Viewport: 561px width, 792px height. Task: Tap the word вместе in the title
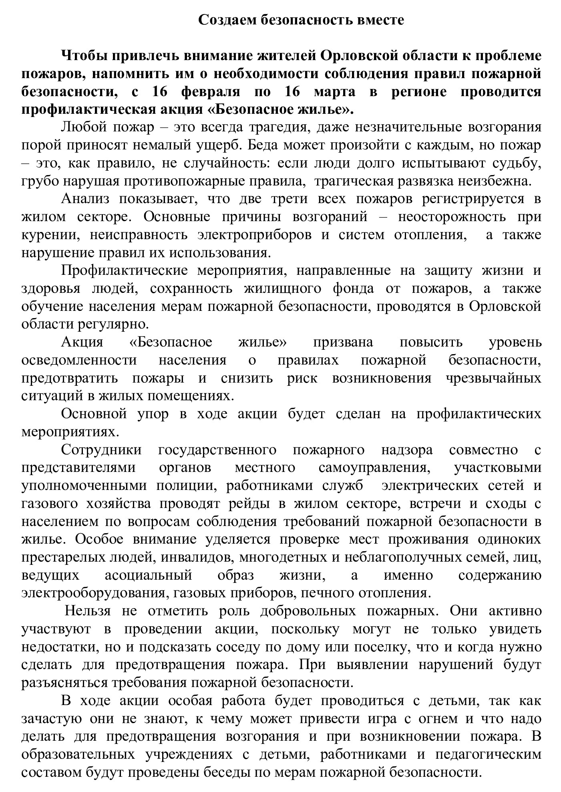(x=380, y=19)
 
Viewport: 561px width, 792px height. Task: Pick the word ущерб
(x=223, y=145)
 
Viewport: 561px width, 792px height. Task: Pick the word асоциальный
(x=149, y=575)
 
